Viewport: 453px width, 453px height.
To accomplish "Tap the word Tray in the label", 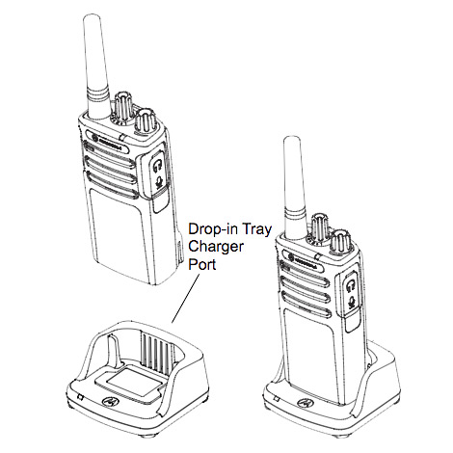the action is (x=256, y=230).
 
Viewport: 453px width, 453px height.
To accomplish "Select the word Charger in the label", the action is (x=216, y=248).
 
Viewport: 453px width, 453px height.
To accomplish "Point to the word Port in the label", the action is (x=202, y=264).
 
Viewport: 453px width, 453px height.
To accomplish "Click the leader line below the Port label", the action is (x=185, y=300).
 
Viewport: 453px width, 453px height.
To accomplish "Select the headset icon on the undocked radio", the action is (x=157, y=166).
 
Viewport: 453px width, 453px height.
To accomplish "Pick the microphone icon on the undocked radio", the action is (x=158, y=182).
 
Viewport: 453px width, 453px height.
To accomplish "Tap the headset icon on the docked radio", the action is (x=351, y=285).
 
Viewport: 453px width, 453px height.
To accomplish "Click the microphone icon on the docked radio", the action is (x=352, y=302).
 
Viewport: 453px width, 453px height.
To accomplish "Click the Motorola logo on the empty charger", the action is (x=110, y=401).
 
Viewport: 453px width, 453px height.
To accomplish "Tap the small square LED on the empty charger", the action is (x=81, y=397).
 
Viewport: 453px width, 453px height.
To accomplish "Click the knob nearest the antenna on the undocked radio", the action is (x=121, y=109).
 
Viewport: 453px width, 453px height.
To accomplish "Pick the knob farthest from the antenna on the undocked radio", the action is (x=145, y=122).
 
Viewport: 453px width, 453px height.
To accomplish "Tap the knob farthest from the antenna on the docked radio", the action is (x=341, y=243).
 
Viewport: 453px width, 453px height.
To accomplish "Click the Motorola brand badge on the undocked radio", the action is (x=108, y=142).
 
